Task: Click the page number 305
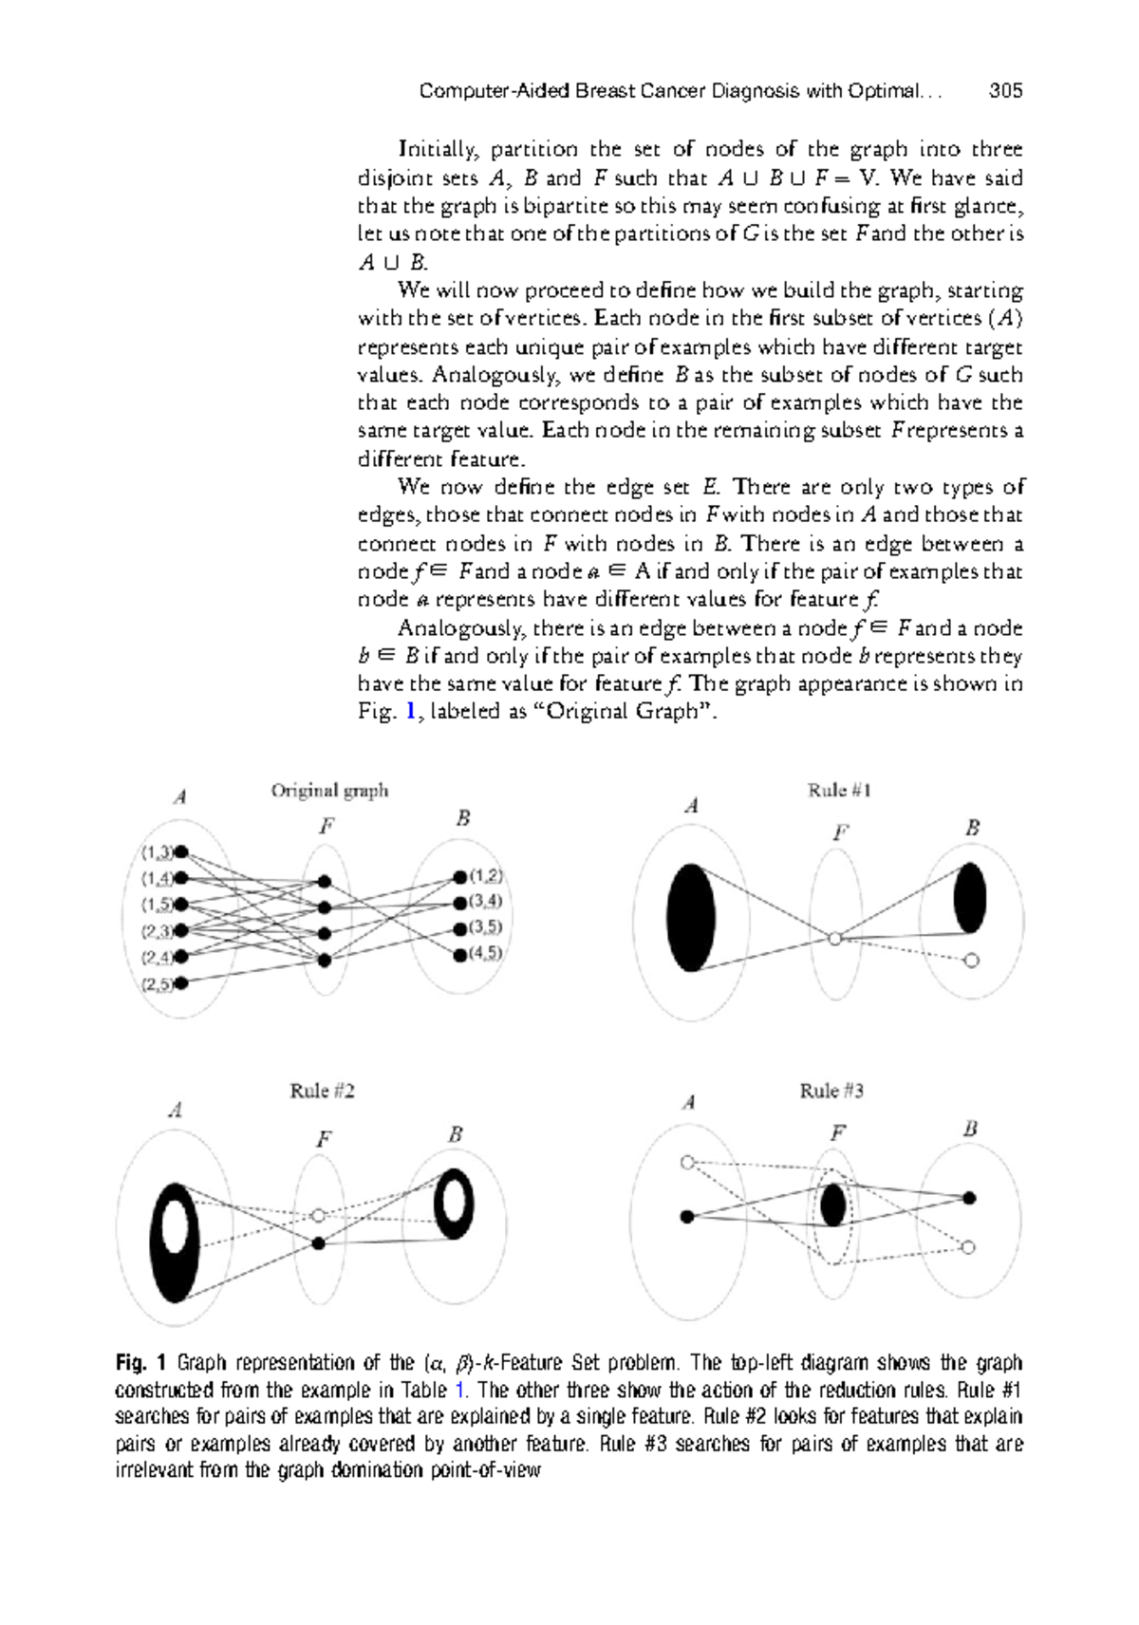(x=1005, y=91)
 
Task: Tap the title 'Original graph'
(x=329, y=790)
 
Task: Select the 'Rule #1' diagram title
(x=839, y=790)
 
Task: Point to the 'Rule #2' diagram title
(x=323, y=1091)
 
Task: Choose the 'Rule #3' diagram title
(x=831, y=1091)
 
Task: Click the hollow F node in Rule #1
(x=834, y=939)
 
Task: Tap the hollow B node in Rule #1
(x=970, y=961)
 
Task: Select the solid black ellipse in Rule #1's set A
(x=691, y=917)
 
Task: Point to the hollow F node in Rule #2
(x=319, y=1215)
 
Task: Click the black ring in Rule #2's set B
(x=454, y=1203)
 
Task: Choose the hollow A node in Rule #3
(x=688, y=1162)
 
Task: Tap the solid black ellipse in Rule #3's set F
(x=833, y=1205)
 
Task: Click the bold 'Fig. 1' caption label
(x=141, y=1363)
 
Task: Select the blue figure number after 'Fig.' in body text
(x=410, y=711)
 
